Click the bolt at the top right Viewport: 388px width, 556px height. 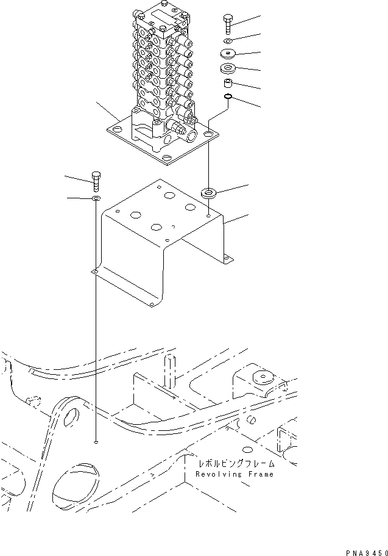pos(227,22)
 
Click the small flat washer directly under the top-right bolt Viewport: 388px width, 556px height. pos(227,41)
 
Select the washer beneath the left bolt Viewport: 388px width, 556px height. pos(96,199)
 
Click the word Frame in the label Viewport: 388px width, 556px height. pos(260,474)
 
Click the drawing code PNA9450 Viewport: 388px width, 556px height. pos(366,552)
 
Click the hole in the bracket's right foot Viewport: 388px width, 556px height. pos(227,258)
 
